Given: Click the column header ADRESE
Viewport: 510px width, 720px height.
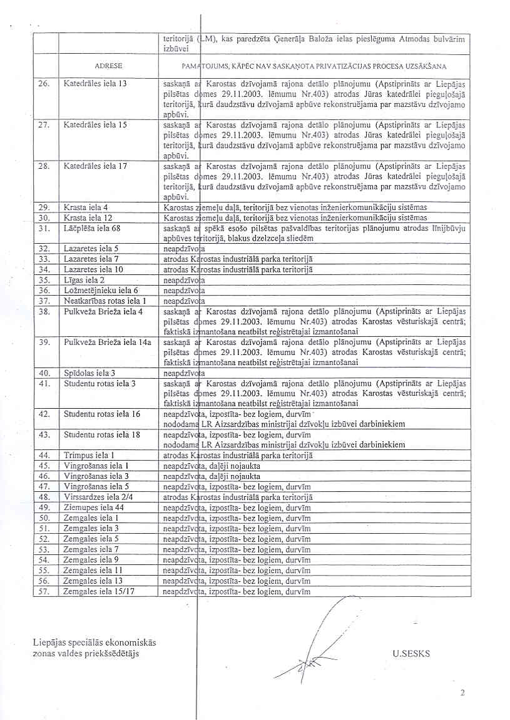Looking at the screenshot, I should [x=108, y=65].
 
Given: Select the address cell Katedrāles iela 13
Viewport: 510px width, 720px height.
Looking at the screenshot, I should [x=95, y=83].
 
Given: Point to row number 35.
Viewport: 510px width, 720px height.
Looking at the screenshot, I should [x=44, y=280].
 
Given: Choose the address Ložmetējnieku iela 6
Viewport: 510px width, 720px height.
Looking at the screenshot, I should [x=101, y=290].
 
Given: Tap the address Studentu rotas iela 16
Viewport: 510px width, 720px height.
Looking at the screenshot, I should [x=102, y=414].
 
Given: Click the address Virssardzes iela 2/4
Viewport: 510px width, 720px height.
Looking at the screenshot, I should [x=96, y=496].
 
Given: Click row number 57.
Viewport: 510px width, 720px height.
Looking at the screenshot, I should [x=44, y=589].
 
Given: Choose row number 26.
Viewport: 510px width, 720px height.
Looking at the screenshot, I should [x=44, y=83].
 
